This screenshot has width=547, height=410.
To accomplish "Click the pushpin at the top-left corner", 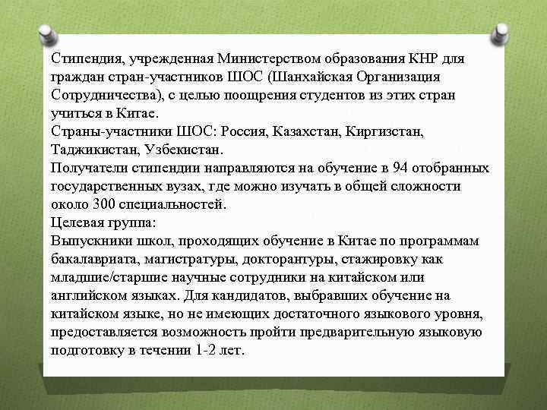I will [x=46, y=35].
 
